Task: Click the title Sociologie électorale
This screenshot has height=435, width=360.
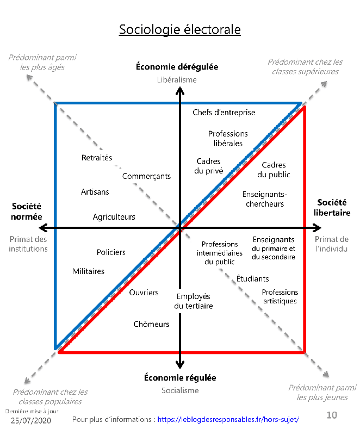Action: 179,29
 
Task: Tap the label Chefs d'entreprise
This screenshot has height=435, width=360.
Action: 224,113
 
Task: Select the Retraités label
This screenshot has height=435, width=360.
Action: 97,158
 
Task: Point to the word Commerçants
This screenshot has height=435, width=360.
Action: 146,176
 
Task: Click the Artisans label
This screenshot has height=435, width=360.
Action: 95,192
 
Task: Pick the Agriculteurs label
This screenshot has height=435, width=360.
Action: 114,217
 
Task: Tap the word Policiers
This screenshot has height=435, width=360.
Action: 111,252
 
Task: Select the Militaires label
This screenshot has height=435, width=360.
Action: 89,271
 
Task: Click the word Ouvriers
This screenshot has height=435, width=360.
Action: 144,293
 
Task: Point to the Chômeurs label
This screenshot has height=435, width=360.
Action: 151,324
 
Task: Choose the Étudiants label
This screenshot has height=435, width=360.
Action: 252,279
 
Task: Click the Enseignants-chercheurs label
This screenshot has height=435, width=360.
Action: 265,199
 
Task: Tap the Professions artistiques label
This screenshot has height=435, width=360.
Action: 280,296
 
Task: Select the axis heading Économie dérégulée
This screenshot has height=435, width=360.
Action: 177,67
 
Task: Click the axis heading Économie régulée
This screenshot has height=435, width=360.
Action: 180,377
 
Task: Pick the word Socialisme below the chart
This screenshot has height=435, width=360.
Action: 180,390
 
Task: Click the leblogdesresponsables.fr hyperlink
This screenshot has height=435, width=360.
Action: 228,420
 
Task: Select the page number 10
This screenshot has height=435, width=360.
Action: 332,415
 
